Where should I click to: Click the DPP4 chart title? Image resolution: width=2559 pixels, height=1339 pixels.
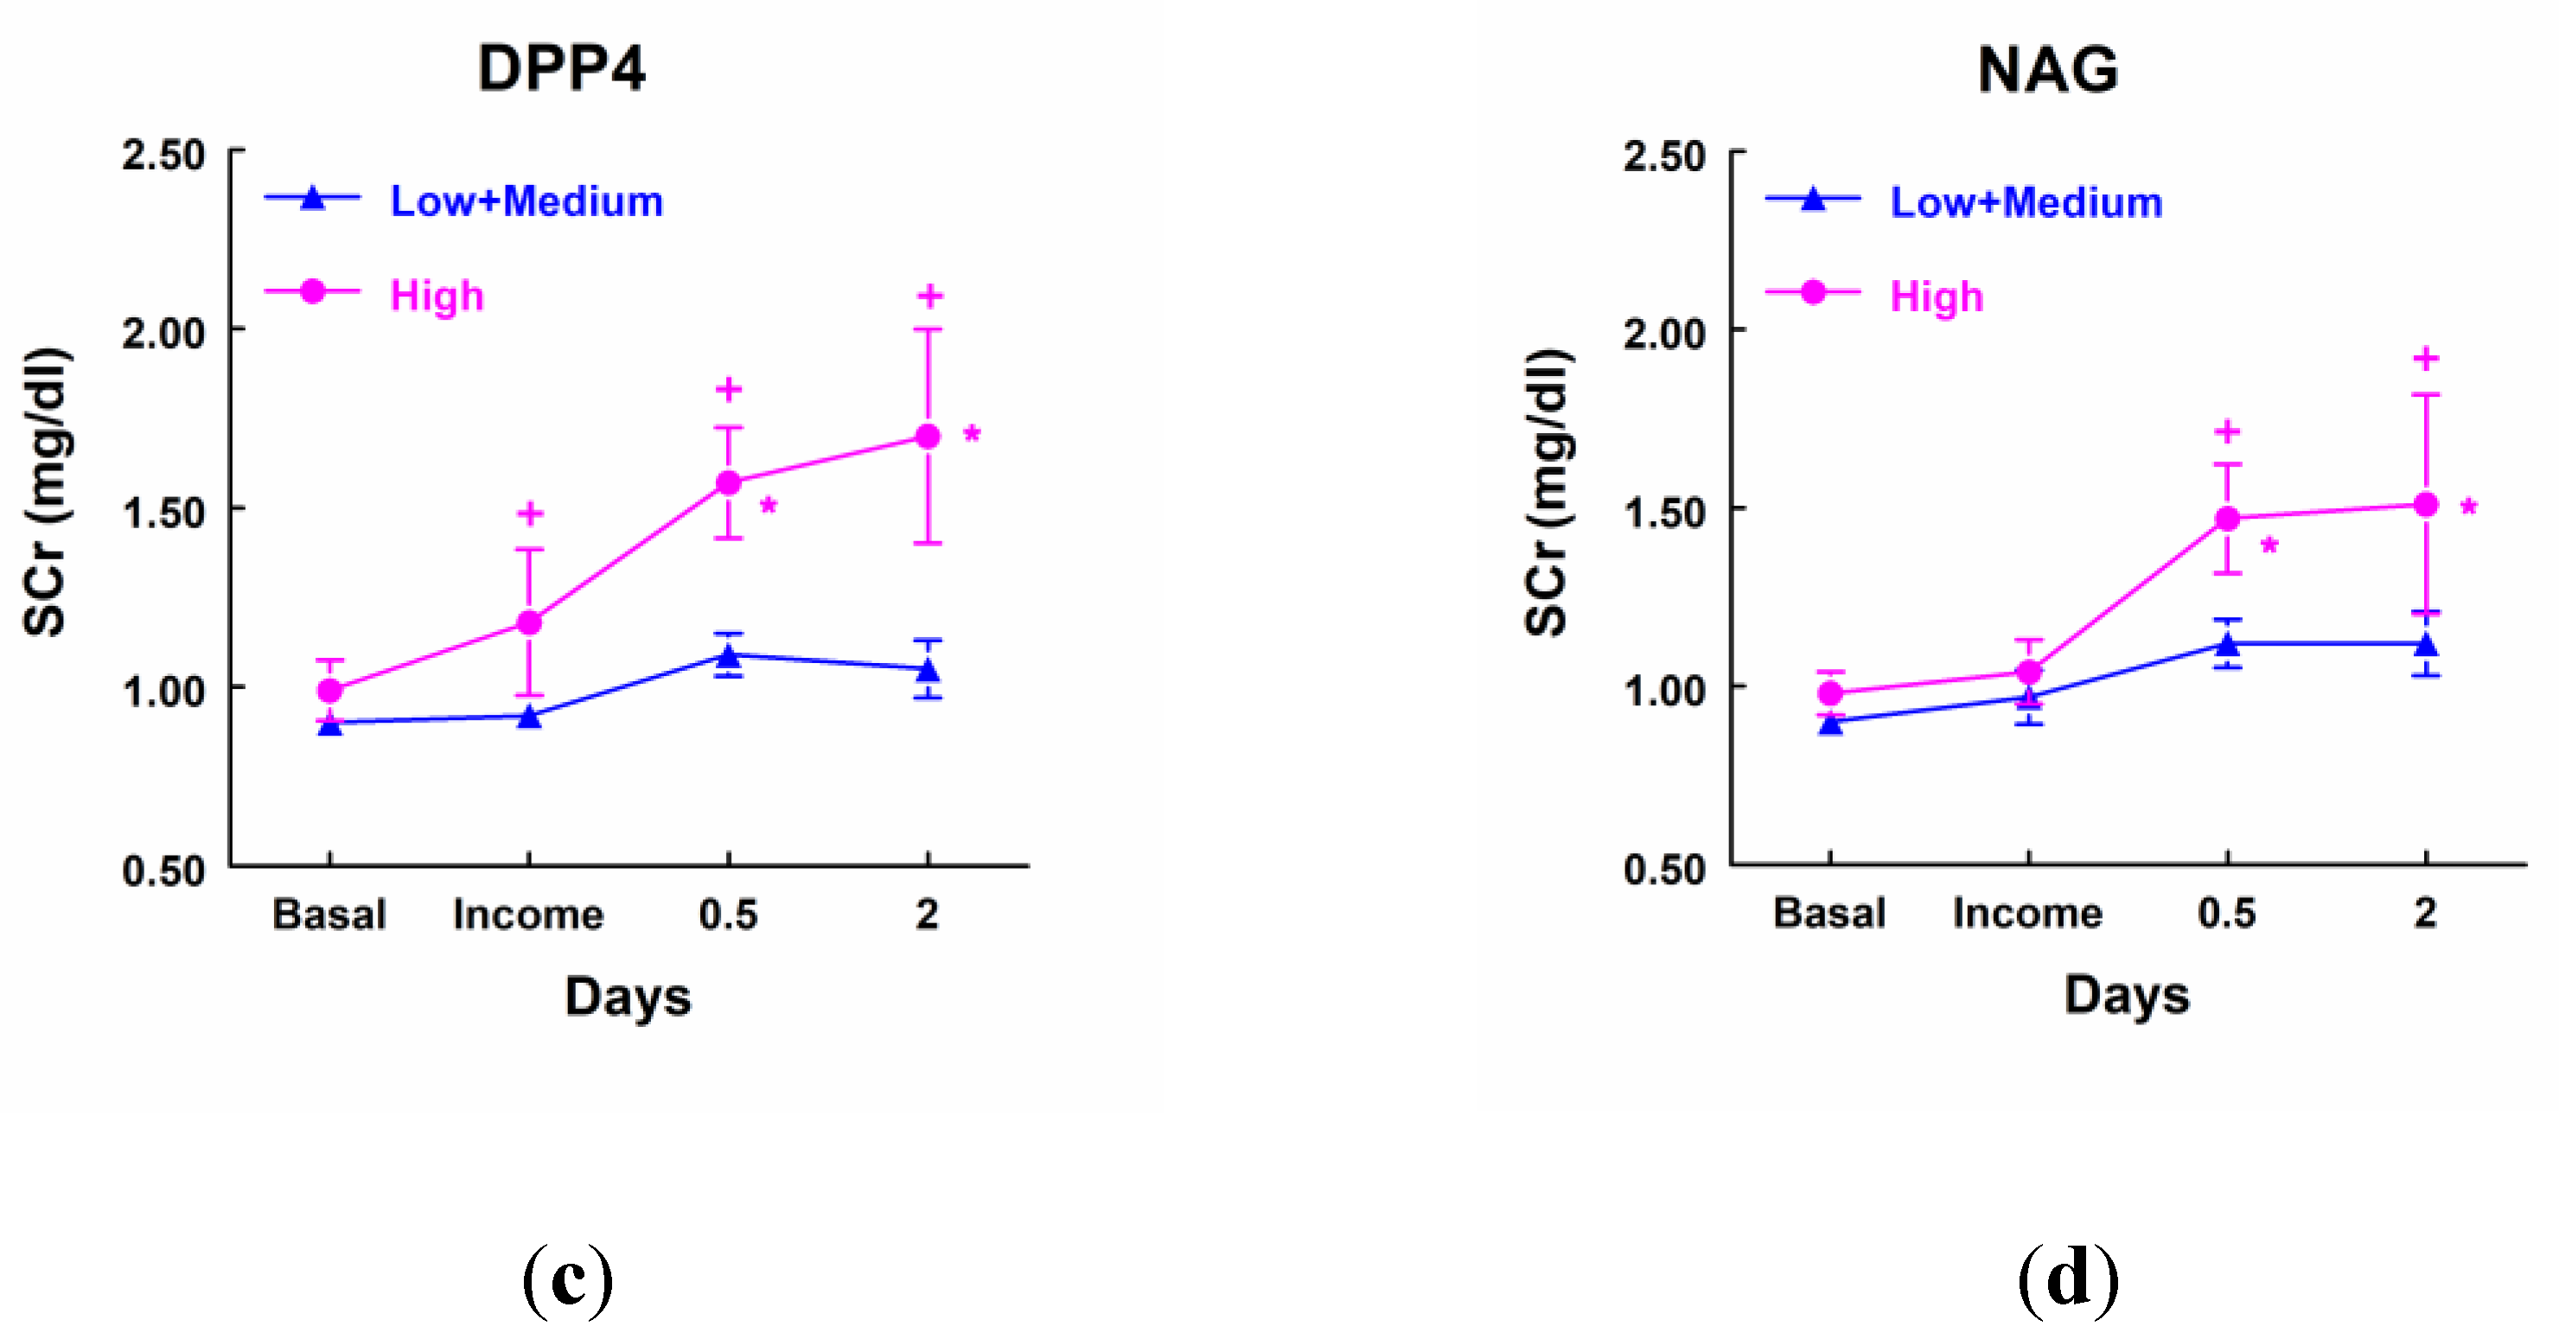[x=561, y=69]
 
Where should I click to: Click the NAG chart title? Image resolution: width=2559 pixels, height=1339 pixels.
[x=2047, y=69]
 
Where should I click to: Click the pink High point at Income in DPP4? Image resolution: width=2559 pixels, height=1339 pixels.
[x=529, y=622]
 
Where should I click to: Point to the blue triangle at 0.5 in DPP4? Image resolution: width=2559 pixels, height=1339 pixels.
[x=728, y=657]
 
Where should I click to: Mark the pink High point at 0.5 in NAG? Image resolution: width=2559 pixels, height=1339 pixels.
[x=2227, y=519]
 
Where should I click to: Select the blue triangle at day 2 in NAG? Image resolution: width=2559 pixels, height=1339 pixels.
[x=2426, y=646]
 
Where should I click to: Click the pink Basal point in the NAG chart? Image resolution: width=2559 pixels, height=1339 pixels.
[x=1830, y=693]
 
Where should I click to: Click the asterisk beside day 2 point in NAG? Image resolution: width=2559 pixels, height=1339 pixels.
[x=2468, y=508]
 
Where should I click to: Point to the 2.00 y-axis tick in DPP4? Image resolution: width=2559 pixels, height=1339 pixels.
[x=164, y=333]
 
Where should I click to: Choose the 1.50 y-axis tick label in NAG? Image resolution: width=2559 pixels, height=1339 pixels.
[x=1664, y=513]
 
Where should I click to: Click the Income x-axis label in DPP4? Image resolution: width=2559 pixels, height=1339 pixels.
[x=528, y=915]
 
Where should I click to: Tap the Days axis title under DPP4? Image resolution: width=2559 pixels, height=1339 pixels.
[x=628, y=998]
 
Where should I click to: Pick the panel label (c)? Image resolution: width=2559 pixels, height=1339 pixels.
[x=567, y=1280]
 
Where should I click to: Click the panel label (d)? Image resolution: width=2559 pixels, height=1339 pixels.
[x=2067, y=1280]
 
